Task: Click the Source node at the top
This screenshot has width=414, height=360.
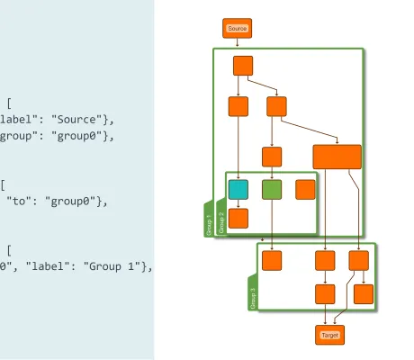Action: [x=237, y=29]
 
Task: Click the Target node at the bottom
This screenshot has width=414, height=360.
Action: [x=329, y=335]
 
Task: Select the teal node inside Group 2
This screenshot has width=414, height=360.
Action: [x=238, y=189]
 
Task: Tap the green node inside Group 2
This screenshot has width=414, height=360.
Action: [x=272, y=189]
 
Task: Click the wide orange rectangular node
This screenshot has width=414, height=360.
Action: [x=337, y=157]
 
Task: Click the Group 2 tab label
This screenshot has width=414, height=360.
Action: [x=221, y=221]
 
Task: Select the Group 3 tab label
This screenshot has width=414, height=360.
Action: [x=253, y=298]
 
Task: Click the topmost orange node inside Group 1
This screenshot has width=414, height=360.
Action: [x=243, y=66]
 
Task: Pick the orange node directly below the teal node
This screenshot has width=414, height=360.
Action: [x=238, y=218]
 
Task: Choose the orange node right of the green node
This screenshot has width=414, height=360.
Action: [x=305, y=189]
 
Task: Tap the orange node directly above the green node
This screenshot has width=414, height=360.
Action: [x=272, y=156]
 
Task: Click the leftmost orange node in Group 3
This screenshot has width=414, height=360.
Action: [x=272, y=260]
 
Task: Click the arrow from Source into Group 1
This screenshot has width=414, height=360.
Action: [x=237, y=42]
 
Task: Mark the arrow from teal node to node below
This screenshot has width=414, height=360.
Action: [x=238, y=203]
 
